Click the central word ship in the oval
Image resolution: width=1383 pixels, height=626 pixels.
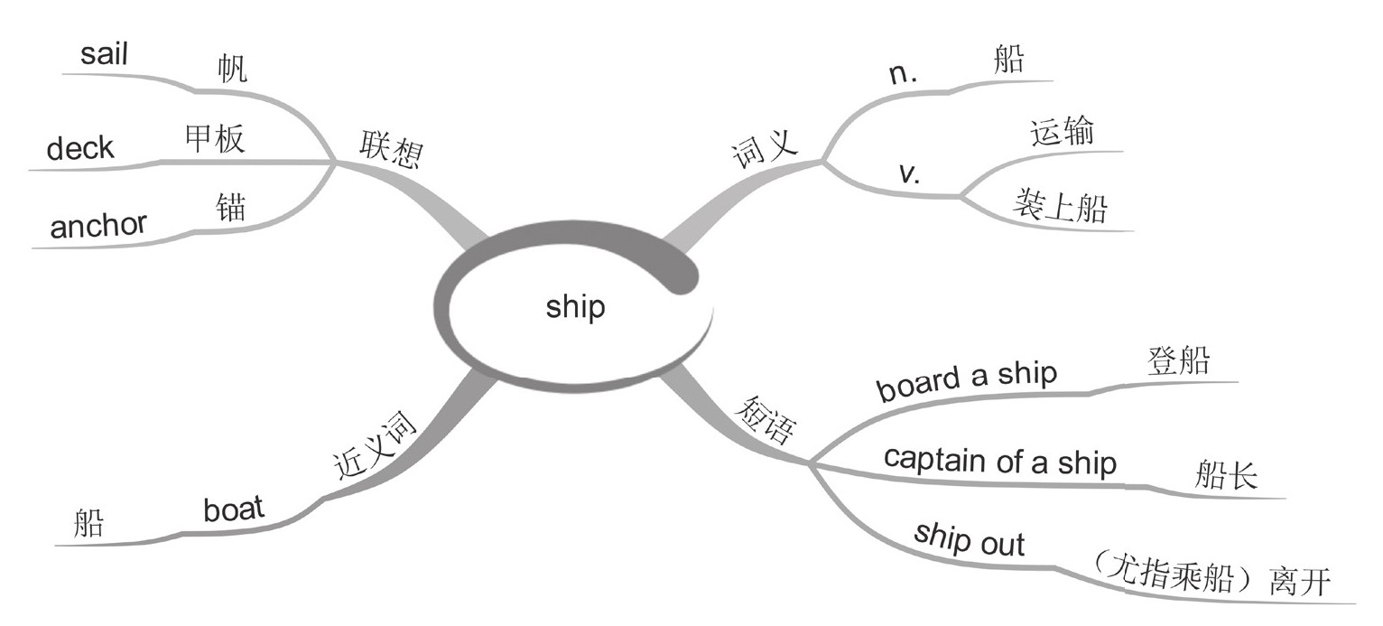point(575,307)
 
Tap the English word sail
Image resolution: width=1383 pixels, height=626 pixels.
point(105,54)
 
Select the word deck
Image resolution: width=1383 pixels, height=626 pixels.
point(80,148)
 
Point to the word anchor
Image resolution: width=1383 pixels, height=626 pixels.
point(98,225)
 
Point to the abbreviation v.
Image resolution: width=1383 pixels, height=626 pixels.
point(910,173)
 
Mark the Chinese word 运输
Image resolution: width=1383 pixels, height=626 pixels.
point(1062,133)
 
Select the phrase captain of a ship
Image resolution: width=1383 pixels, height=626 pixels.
point(1000,462)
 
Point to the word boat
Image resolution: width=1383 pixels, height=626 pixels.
point(235,509)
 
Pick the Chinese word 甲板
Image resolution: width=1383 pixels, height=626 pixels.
point(214,140)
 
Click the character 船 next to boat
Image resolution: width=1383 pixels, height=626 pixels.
point(88,525)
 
